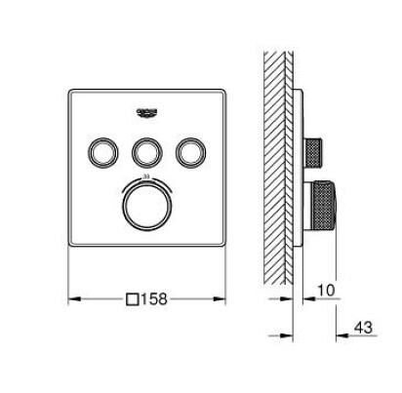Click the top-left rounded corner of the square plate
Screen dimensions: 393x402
tap(72, 93)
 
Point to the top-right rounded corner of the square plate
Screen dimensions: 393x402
tap(222, 93)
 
